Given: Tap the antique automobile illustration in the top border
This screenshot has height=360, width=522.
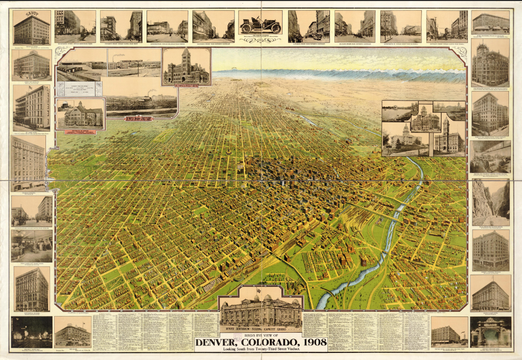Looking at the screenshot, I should pos(260,25).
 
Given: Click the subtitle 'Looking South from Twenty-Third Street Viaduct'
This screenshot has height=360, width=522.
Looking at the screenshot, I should pos(261,349).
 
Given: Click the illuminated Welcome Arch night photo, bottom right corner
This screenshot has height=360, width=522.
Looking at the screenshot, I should pos(490,332).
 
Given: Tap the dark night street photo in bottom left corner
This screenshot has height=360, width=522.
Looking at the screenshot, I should pos(31,332).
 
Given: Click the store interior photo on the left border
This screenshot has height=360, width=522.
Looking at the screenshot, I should pos(31,246).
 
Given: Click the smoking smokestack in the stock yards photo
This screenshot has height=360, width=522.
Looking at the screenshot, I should pos(150,93).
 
